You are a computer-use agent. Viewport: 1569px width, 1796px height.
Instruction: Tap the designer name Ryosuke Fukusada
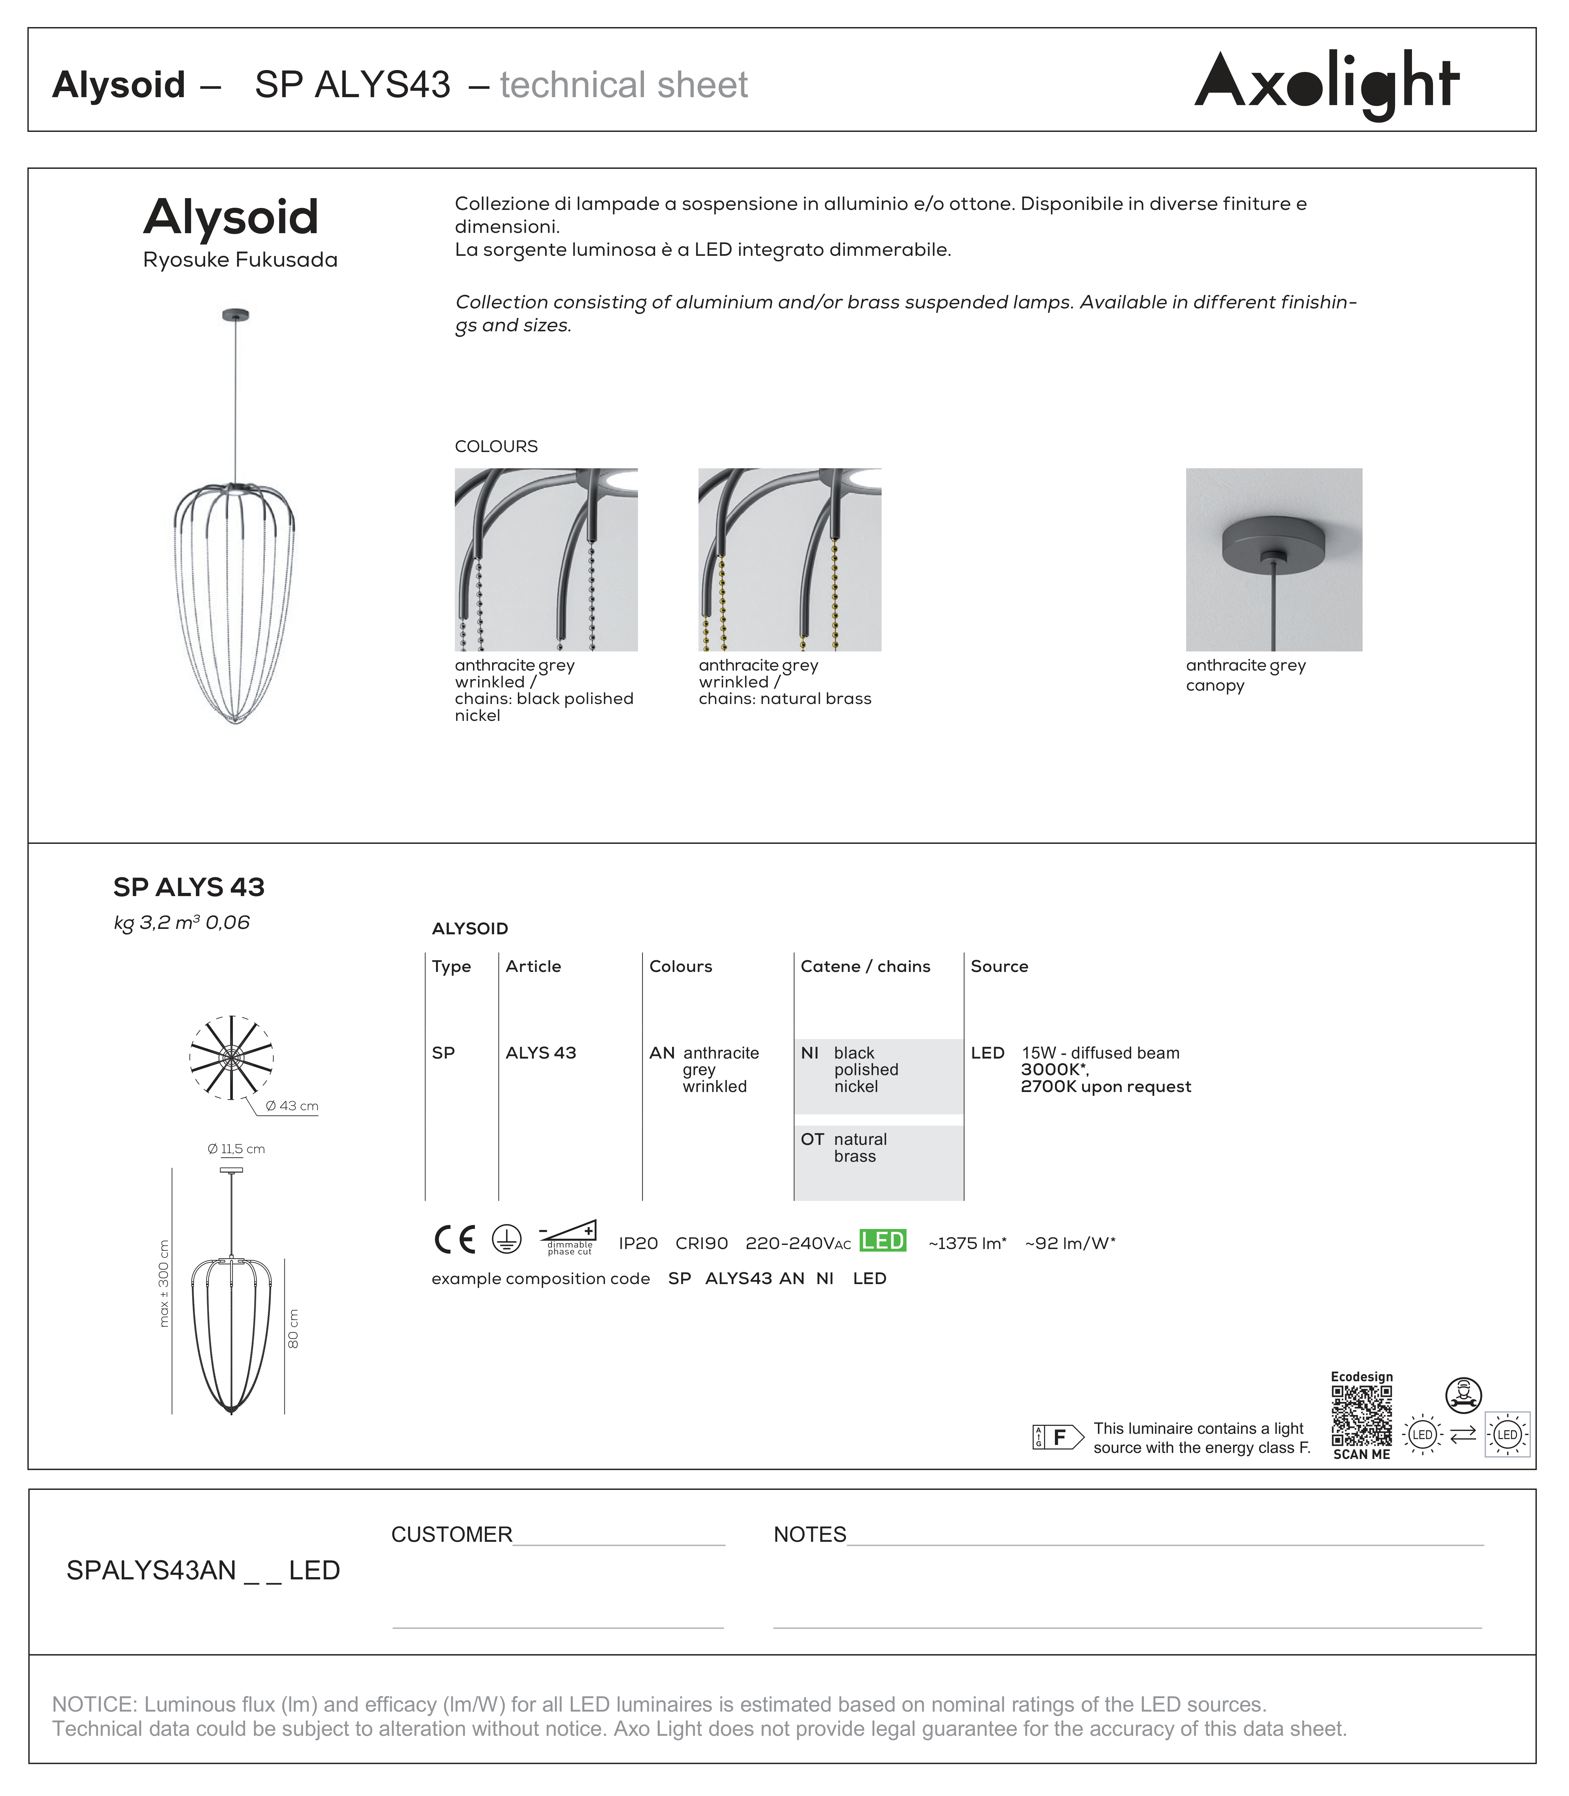point(240,260)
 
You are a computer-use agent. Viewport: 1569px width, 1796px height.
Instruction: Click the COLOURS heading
point(496,447)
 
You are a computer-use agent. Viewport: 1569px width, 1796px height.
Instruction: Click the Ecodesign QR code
point(1362,1416)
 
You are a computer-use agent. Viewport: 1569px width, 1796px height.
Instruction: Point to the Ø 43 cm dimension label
point(292,1106)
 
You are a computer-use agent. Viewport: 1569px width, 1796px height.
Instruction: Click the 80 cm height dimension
point(293,1328)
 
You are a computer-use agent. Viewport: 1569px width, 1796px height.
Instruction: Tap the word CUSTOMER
point(451,1534)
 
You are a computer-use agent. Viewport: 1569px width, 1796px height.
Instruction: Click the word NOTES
point(809,1534)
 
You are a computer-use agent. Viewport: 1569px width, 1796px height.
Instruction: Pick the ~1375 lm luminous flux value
point(967,1243)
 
